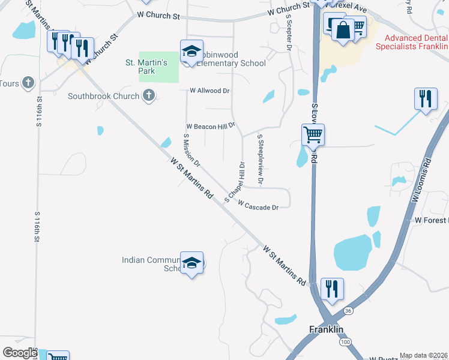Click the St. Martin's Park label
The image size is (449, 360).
(x=140, y=66)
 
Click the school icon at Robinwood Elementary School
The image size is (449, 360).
(x=191, y=51)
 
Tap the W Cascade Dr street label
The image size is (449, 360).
(x=258, y=206)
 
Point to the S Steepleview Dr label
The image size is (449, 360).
(x=261, y=158)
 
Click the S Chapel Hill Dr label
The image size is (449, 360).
(x=235, y=181)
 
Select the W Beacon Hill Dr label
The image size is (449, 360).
(x=210, y=127)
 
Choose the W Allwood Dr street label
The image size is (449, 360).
(x=210, y=91)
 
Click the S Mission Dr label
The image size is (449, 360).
(x=191, y=150)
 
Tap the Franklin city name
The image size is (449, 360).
(x=326, y=329)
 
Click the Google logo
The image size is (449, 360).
(x=19, y=353)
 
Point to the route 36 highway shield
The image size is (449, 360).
(x=348, y=310)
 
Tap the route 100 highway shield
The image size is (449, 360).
(x=345, y=341)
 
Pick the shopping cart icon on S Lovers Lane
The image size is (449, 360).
(x=313, y=134)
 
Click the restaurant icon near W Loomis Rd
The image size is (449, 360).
(x=425, y=98)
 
